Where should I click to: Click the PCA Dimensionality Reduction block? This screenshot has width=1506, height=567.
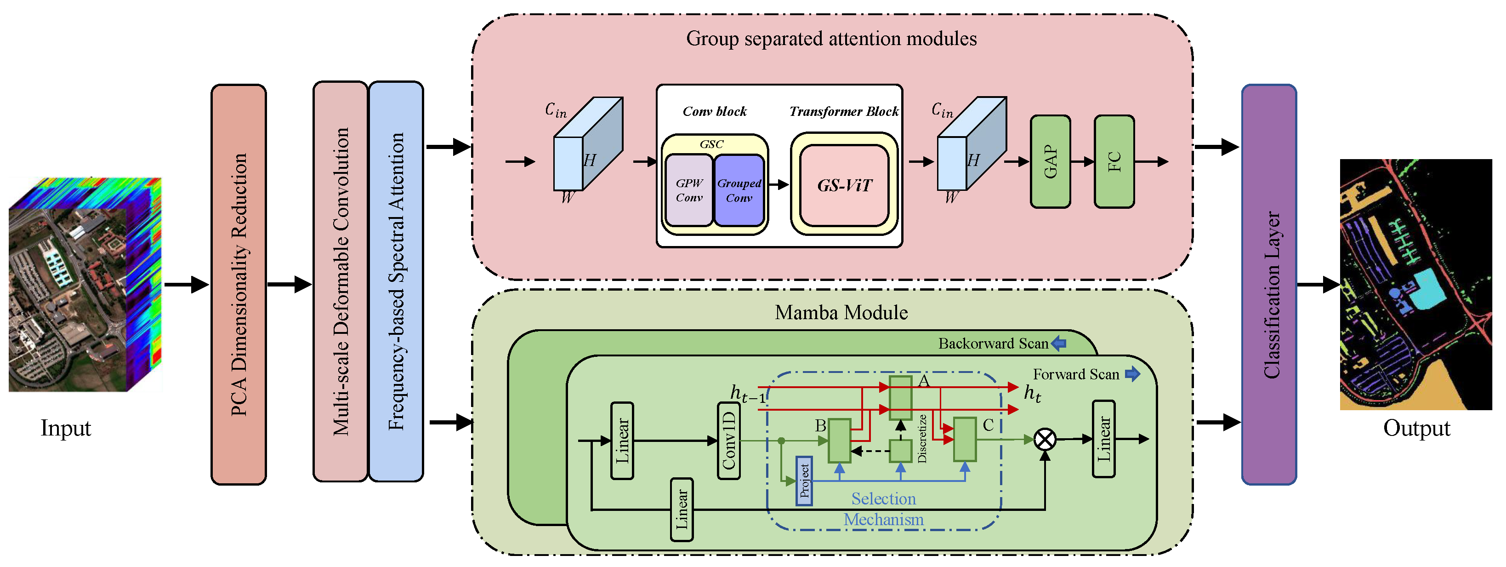(x=239, y=284)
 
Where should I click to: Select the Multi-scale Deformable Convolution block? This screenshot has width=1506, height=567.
(x=340, y=281)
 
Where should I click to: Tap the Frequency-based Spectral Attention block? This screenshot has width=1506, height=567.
(x=396, y=281)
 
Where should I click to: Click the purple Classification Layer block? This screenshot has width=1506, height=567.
(x=1269, y=284)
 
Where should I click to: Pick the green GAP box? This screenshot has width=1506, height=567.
(x=1050, y=161)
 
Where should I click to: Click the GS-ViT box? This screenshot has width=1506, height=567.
(x=844, y=185)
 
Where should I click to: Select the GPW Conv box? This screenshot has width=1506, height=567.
(x=689, y=190)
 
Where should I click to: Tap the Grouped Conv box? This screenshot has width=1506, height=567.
(x=739, y=190)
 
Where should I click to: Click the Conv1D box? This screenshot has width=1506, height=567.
(x=728, y=441)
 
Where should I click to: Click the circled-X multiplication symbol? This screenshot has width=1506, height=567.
(x=1045, y=439)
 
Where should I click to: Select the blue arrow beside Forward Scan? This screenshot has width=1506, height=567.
(x=1132, y=374)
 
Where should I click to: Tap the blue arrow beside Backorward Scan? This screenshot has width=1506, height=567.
(x=1059, y=344)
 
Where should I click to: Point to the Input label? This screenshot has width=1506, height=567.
(x=65, y=428)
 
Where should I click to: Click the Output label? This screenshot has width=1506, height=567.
(x=1416, y=428)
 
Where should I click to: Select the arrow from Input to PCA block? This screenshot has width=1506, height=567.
(x=186, y=285)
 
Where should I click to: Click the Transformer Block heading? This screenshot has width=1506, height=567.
(x=844, y=111)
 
